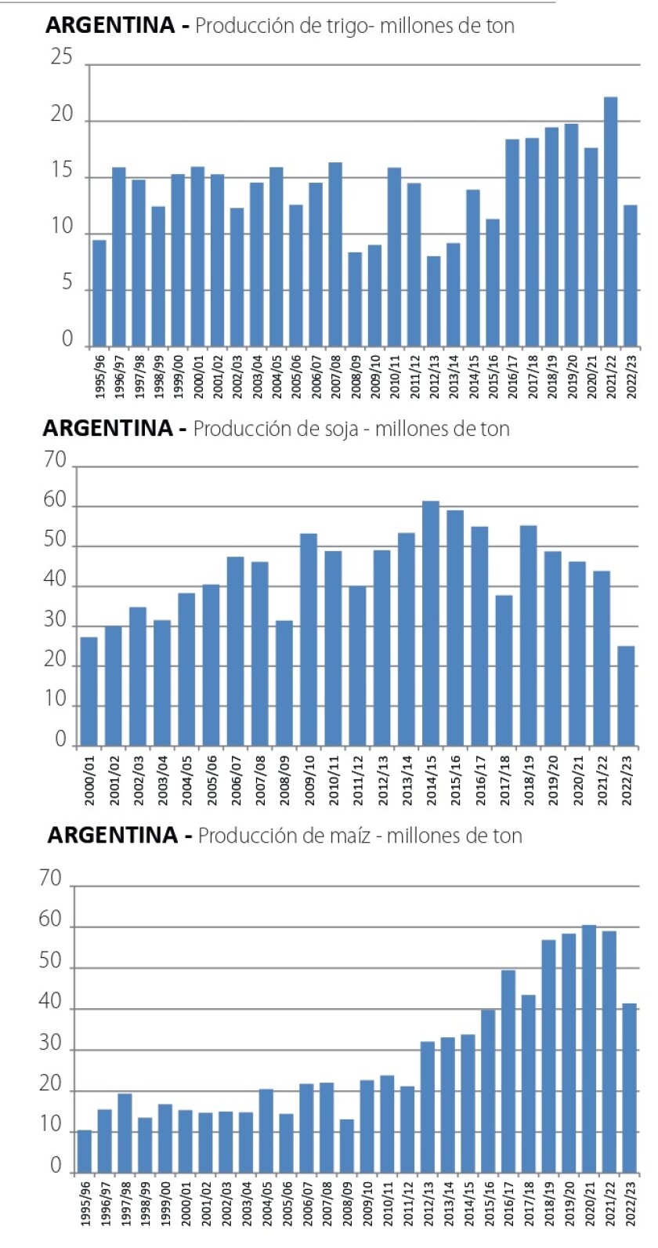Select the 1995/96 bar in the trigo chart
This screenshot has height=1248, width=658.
(99, 293)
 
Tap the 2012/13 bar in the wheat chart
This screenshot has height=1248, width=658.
(433, 301)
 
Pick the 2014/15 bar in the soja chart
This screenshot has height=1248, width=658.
(431, 623)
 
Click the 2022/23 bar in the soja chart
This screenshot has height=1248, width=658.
(626, 695)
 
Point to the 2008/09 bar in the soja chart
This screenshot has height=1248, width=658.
(284, 683)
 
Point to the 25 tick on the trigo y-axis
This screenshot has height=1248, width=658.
(61, 57)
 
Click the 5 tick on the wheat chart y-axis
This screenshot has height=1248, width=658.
(67, 283)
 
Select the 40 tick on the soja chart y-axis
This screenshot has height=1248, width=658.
(56, 580)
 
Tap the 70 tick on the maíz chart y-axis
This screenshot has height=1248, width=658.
(50, 879)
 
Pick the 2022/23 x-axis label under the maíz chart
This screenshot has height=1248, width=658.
(629, 1203)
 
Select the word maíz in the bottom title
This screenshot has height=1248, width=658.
(348, 836)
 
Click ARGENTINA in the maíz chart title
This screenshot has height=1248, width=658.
(112, 836)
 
